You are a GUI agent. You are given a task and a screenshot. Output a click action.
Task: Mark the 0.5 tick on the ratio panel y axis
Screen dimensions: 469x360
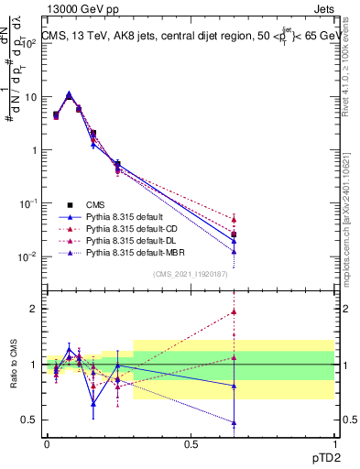click(x=29, y=420)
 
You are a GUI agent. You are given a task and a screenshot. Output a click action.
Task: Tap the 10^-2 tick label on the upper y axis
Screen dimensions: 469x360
click(x=28, y=256)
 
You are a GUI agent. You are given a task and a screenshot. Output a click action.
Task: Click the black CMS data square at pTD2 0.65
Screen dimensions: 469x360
click(x=234, y=234)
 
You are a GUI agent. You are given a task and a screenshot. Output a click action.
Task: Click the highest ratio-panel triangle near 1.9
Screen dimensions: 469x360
click(x=234, y=312)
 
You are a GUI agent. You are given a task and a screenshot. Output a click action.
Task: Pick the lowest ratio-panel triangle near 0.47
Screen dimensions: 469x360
click(x=234, y=423)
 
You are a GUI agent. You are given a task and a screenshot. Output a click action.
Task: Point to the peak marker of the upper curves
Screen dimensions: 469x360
click(x=70, y=94)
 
